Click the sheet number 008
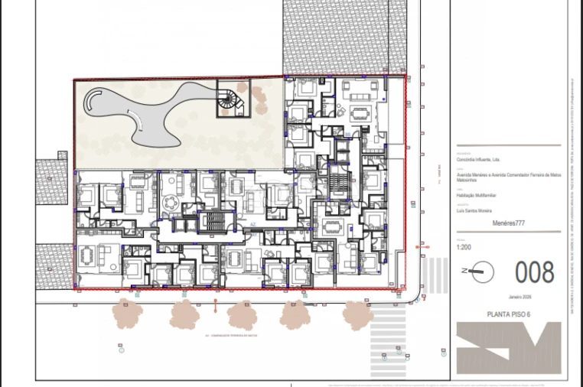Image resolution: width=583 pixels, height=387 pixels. pos(535,272)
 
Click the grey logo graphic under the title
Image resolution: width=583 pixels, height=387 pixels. pos(508,347)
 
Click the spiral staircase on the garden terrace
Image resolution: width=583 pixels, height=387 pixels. pos(230,99)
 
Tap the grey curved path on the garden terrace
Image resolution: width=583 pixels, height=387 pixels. pos(153,115)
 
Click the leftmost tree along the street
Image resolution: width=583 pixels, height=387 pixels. pos(129,313)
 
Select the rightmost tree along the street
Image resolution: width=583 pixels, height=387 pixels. pos(357,314)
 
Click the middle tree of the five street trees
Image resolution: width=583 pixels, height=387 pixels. pos(242,314)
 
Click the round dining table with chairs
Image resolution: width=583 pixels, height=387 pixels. pos(172,203)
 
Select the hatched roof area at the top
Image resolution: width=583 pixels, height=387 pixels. pos(344,34)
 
